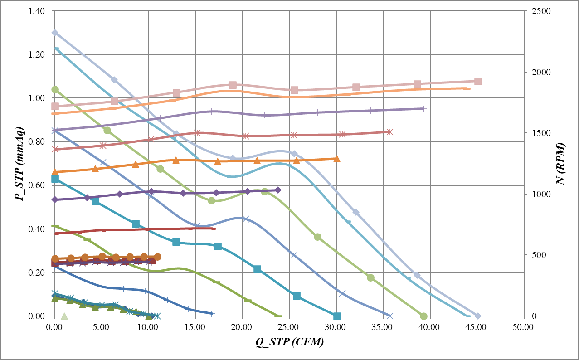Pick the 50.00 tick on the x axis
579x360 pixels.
523,326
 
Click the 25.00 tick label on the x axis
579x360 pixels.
289,326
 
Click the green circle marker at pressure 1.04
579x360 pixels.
55,89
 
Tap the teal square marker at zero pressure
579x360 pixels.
336,316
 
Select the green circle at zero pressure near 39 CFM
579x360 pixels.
423,316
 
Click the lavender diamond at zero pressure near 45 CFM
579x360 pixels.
477,316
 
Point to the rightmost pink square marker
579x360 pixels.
477,81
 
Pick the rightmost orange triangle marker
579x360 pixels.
336,159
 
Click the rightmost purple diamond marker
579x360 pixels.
278,190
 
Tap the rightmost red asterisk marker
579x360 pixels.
389,132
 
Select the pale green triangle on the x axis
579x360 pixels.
64,316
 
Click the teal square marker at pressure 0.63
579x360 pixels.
55,179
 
